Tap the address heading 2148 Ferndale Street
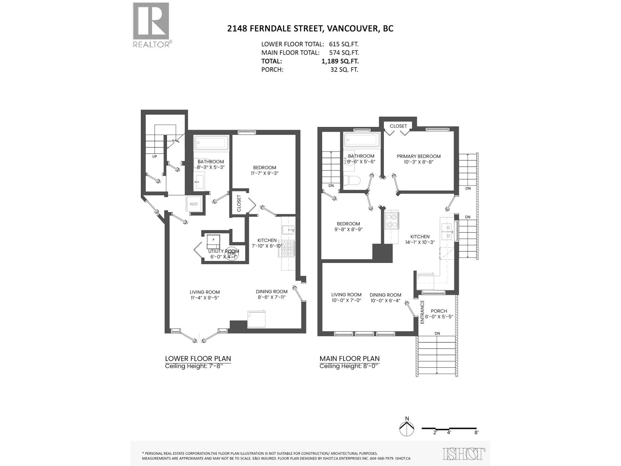pos(310,28)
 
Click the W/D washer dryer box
pos(194,204)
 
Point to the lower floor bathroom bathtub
pos(211,143)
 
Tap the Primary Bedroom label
pos(418,156)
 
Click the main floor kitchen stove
pos(391,221)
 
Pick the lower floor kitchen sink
pos(288,230)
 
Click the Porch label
pos(439,311)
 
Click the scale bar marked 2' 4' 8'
pos(450,429)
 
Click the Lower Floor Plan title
pos(198,358)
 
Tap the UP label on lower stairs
pos(155,156)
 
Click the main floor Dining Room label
pos(385,295)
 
